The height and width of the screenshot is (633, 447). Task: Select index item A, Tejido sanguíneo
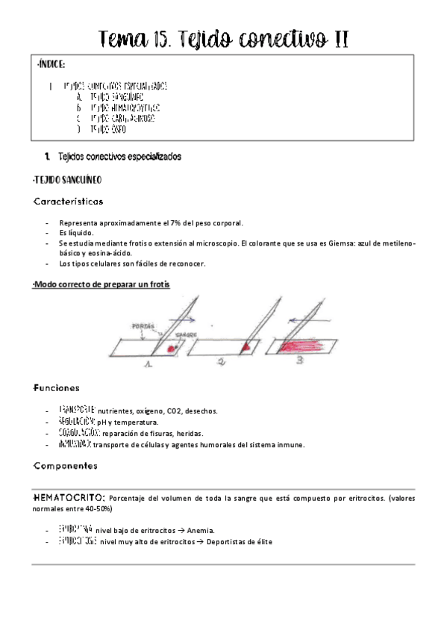pos(116,97)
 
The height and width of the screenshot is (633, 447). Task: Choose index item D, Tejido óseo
pos(107,129)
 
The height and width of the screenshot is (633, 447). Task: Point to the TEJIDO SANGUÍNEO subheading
pos(67,180)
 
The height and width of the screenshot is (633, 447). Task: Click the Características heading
pos(69,202)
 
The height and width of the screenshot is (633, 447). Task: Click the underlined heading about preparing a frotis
pos(101,284)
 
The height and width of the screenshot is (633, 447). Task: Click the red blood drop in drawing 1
pos(172,348)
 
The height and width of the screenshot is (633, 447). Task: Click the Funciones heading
pos(57,388)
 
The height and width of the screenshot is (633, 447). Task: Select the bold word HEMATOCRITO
pos(69,497)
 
